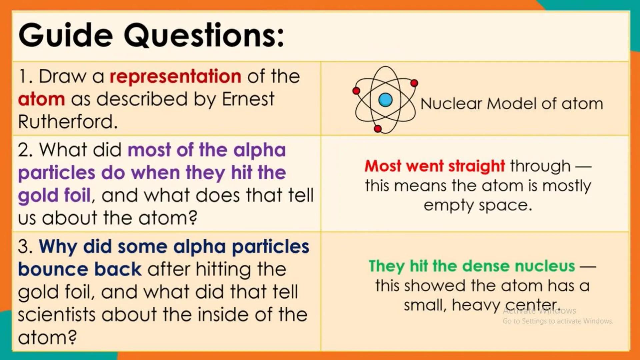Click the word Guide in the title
66,35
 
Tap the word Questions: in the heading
204,35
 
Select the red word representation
175,76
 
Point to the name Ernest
248,99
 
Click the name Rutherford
68,122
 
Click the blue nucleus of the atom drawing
385,100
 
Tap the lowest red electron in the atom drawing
378,129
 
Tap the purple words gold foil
54,195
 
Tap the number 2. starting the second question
25,150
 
